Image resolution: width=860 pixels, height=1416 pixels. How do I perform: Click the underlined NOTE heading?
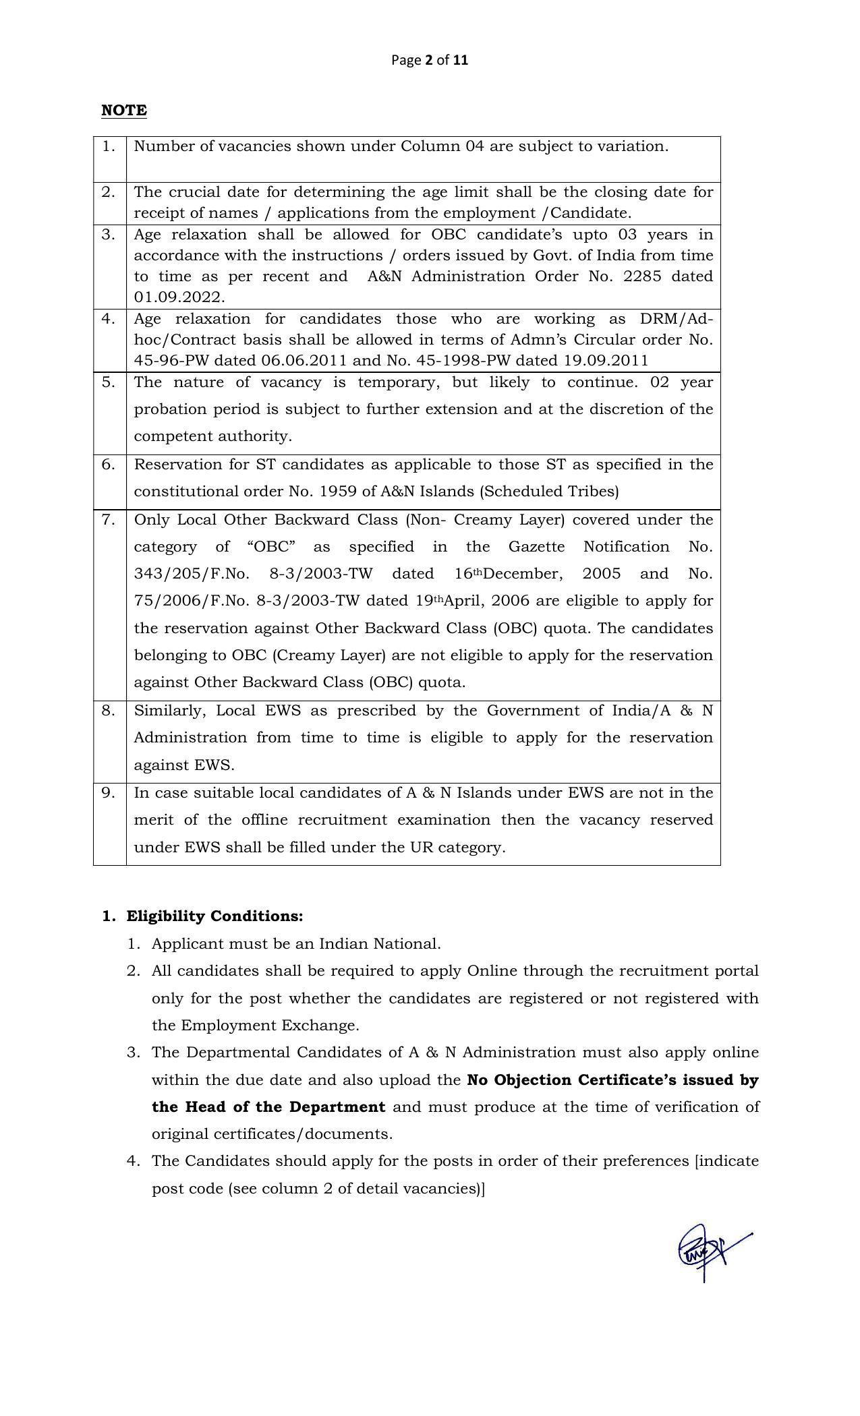click(x=123, y=111)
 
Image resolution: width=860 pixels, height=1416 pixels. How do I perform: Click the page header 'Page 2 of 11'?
click(x=429, y=60)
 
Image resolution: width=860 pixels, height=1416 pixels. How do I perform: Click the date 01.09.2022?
click(x=179, y=297)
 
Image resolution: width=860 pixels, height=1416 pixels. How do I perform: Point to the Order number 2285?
click(x=642, y=276)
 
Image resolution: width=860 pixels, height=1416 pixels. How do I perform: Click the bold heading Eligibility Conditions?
click(x=214, y=916)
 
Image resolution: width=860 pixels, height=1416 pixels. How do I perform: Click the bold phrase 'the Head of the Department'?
click(x=268, y=1107)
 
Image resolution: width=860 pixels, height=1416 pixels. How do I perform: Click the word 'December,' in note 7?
click(x=522, y=574)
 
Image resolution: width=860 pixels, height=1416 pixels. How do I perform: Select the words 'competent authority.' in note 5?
click(x=213, y=436)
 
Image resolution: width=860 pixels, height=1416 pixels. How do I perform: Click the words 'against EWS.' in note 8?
click(x=184, y=765)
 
